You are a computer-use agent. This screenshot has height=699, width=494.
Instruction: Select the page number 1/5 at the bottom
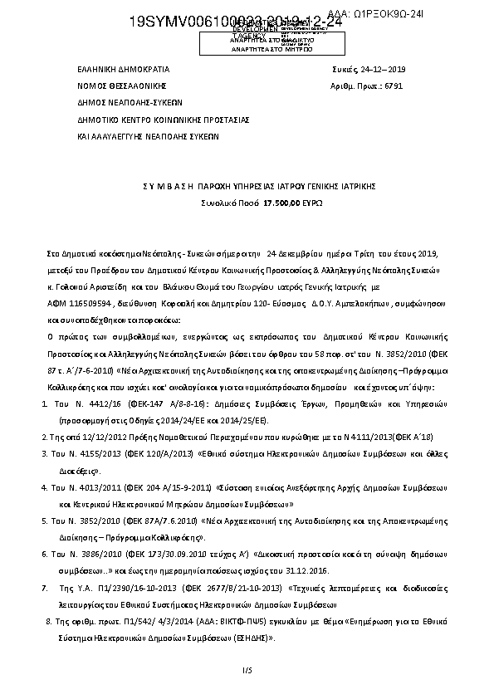(x=247, y=669)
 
